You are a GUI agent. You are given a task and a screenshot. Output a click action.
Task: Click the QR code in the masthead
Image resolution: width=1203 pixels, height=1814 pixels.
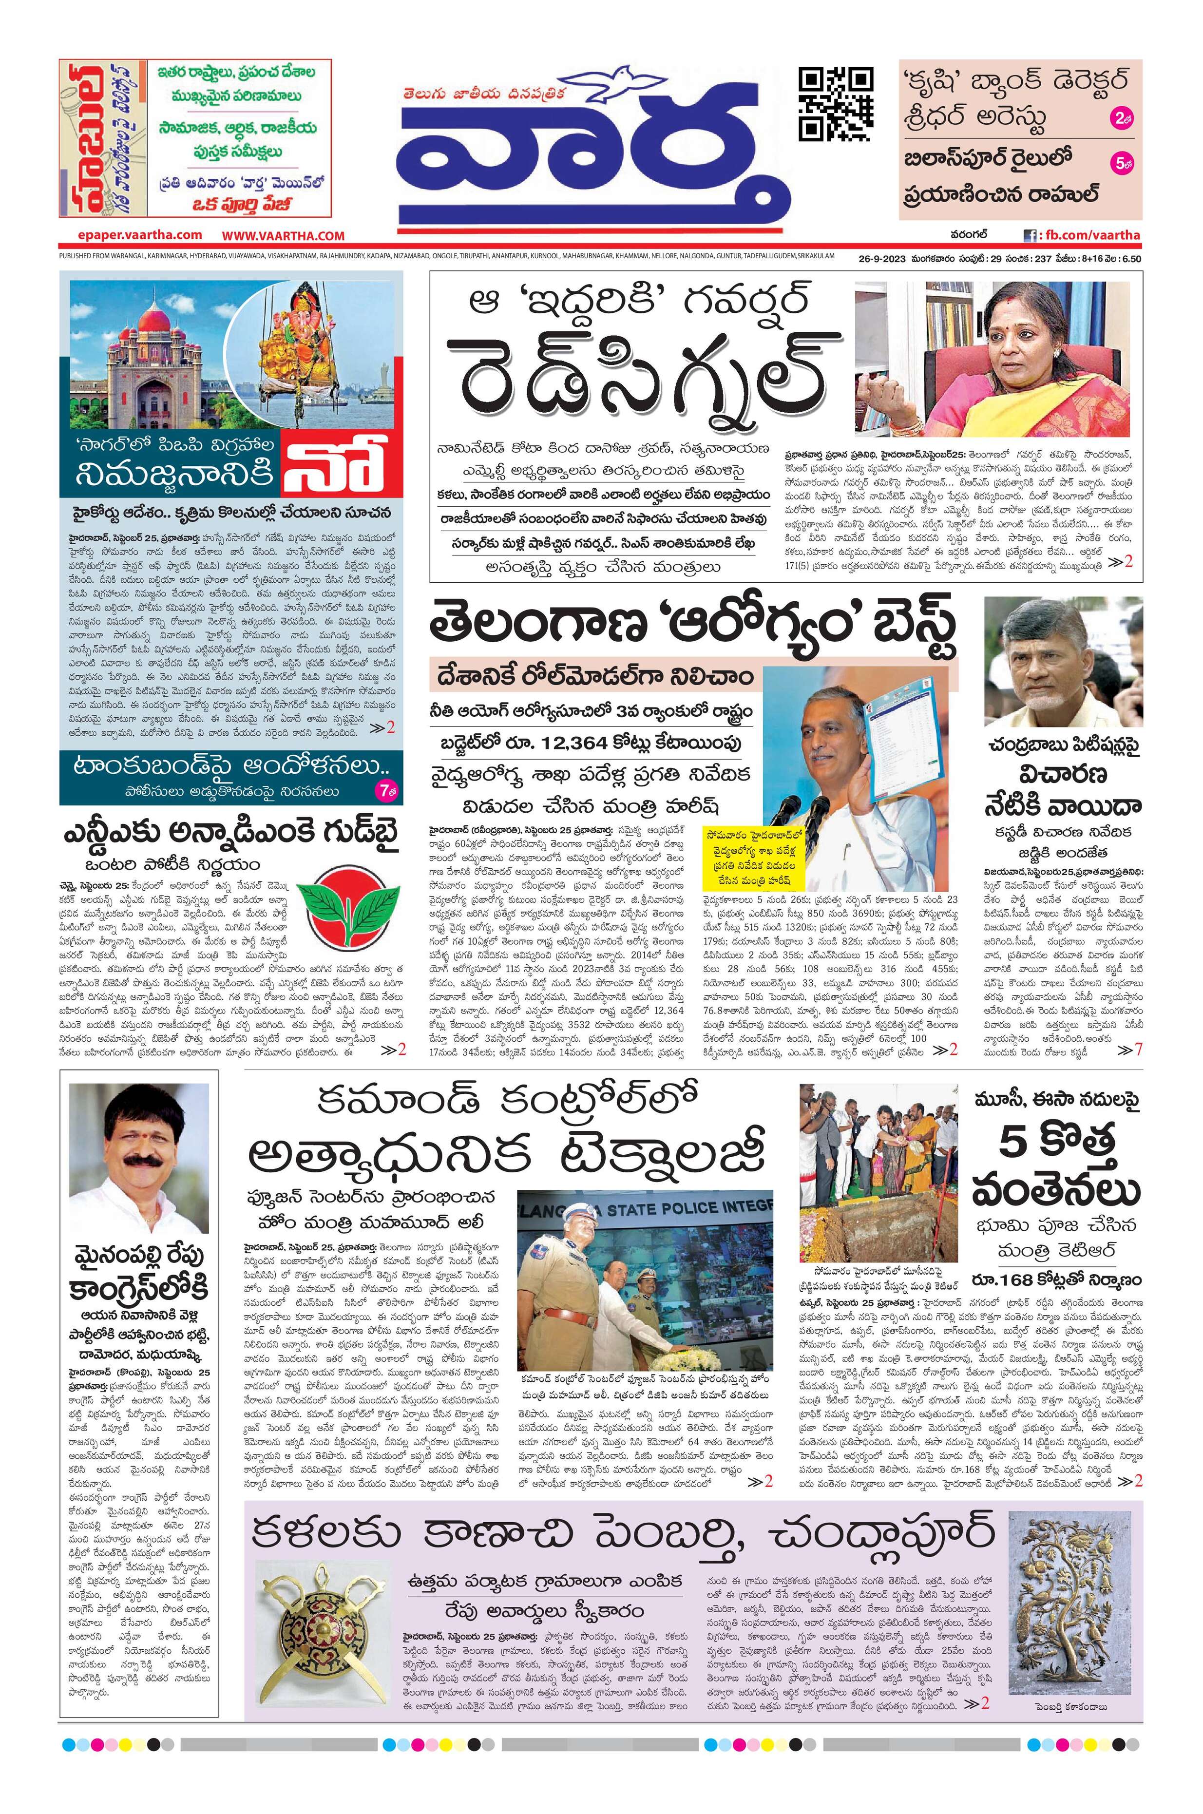[836, 104]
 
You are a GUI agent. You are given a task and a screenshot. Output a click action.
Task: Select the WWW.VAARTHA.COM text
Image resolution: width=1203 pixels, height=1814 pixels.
[284, 235]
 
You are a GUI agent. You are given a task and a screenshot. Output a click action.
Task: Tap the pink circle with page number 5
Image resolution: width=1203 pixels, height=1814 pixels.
[1119, 163]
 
